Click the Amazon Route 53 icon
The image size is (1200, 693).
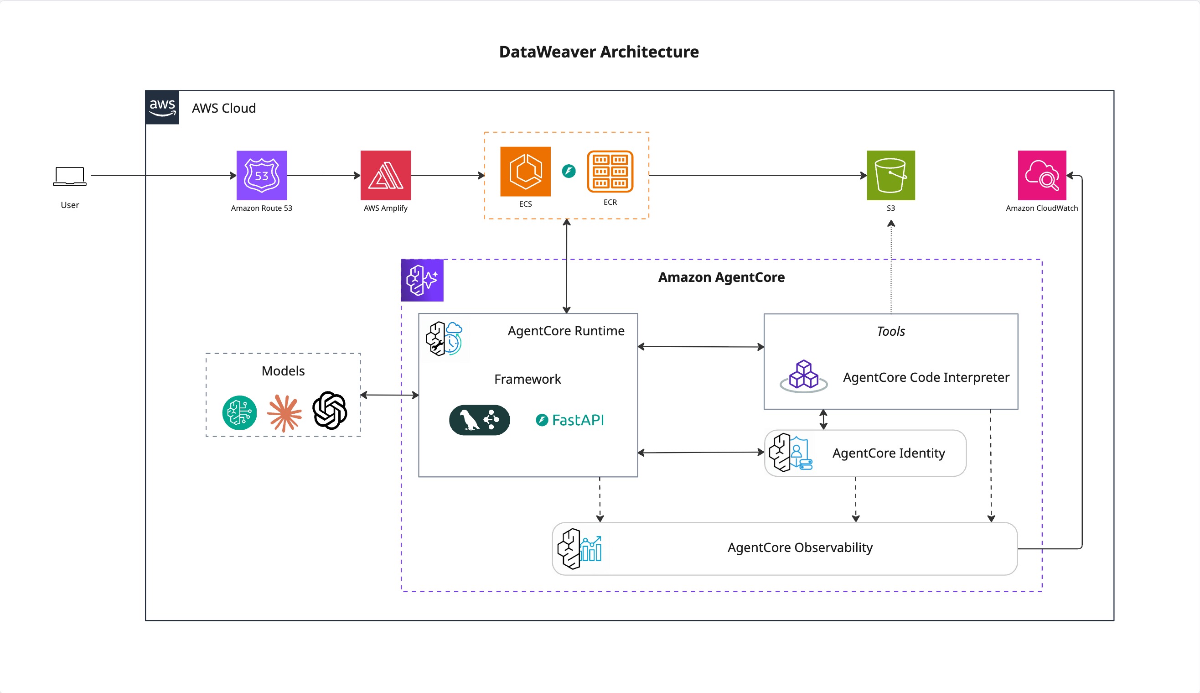(262, 175)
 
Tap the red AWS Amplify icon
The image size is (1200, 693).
(385, 175)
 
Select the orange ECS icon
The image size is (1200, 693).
(525, 172)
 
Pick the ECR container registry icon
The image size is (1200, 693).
(610, 172)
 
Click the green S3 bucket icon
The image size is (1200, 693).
(890, 175)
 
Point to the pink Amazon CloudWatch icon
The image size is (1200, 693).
(1042, 175)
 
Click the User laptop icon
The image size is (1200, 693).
(70, 176)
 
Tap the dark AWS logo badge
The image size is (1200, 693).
(162, 108)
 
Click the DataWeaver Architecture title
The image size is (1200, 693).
(599, 52)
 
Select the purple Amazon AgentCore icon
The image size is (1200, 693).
(422, 280)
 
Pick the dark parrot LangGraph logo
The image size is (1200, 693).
(480, 420)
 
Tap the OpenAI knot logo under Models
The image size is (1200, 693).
(330, 410)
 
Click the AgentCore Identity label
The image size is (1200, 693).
(889, 453)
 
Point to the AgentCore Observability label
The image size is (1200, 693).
(800, 547)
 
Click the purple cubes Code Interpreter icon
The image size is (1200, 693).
(804, 376)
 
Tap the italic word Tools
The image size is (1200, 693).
(891, 331)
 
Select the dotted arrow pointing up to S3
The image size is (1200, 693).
(891, 266)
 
